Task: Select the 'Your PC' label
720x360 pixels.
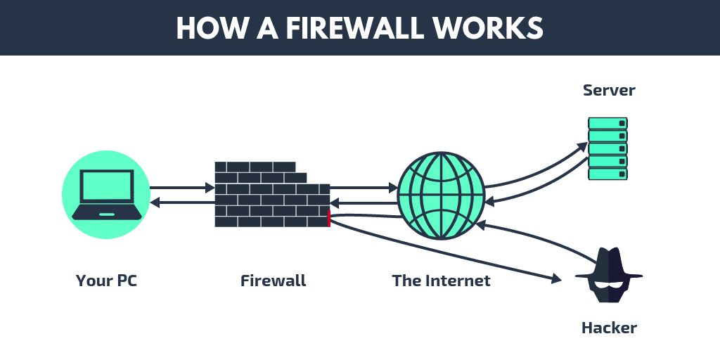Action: (106, 281)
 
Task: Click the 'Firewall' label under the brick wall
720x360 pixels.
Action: (273, 281)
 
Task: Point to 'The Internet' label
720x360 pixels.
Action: (441, 281)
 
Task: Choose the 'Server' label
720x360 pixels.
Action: (609, 91)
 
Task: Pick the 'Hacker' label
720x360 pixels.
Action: (609, 328)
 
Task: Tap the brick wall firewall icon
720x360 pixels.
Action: (271, 195)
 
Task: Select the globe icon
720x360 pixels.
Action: (441, 195)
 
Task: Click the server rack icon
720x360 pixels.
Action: (607, 148)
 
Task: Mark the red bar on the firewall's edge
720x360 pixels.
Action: (328, 218)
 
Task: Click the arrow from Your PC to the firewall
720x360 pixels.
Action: (181, 188)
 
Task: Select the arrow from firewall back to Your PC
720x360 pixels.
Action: (181, 202)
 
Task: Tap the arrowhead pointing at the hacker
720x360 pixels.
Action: (556, 280)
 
